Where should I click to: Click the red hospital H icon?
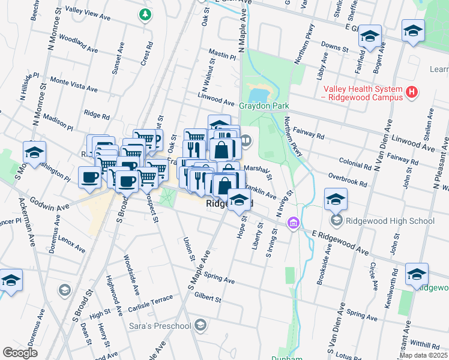pos(411,92)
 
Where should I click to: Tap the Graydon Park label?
pos(264,106)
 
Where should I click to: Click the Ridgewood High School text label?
pos(390,221)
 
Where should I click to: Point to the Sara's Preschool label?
pos(160,326)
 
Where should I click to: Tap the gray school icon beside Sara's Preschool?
pos(200,326)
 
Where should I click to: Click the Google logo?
pos(20,353)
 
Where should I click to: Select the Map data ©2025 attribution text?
pos(423,355)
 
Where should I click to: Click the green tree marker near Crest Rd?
pos(144,14)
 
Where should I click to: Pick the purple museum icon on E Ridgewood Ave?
pos(293,224)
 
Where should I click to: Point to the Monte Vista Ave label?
pos(73,84)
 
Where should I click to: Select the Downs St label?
pos(335,46)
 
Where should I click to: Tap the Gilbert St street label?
pos(208,298)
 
